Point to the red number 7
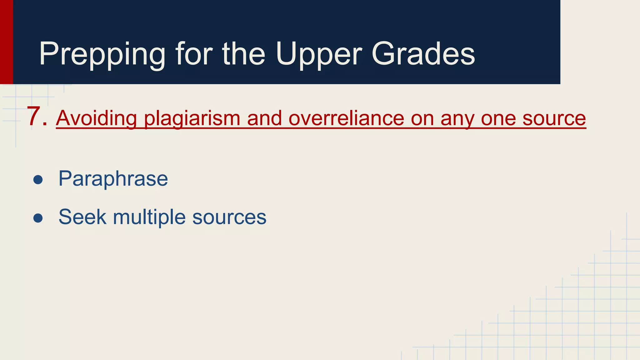(34, 117)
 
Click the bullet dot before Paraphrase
(38, 180)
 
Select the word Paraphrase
(113, 179)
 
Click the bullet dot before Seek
(38, 218)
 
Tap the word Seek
(82, 217)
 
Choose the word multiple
(149, 217)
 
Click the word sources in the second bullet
(229, 217)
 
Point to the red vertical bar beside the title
(6, 42)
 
